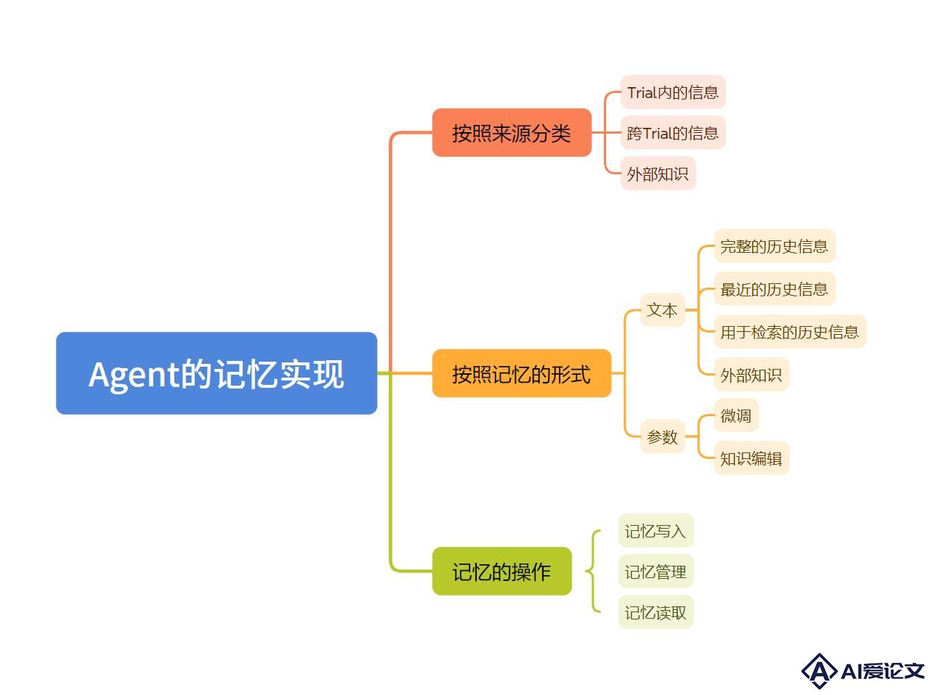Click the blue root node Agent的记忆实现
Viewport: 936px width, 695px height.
tap(217, 373)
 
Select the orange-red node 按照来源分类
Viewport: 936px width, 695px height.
tap(512, 132)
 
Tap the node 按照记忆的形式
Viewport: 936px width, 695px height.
tap(522, 373)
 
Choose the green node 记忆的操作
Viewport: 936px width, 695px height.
tap(502, 571)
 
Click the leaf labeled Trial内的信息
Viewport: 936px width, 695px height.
tap(673, 92)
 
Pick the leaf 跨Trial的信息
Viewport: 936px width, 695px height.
tap(673, 133)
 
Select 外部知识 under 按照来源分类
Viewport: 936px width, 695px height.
tap(658, 174)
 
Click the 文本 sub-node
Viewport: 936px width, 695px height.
tap(662, 310)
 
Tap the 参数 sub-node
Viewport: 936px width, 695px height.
tap(662, 436)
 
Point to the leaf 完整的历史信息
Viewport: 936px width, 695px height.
tap(775, 246)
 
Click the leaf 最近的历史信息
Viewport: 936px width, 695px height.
tap(775, 289)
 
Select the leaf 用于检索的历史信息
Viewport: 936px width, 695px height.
tap(789, 331)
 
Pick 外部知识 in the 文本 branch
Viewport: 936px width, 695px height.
tap(751, 375)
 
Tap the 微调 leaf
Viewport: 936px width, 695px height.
tap(736, 415)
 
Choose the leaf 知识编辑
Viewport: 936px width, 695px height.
tap(751, 458)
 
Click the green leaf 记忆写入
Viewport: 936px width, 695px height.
tap(655, 531)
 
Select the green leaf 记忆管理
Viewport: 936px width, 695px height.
tap(655, 572)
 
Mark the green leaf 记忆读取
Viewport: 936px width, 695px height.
tap(655, 612)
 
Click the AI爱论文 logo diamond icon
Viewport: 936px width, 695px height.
tap(819, 670)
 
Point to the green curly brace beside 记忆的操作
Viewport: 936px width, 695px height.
tap(593, 571)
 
